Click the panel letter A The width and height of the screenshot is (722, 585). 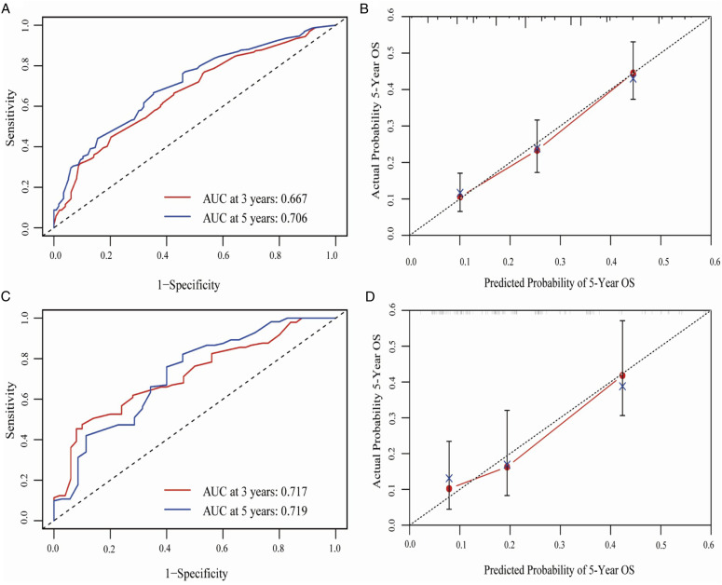pyautogui.click(x=7, y=8)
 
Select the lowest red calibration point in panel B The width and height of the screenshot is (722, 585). pyautogui.click(x=460, y=197)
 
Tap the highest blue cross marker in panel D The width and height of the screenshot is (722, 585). pyautogui.click(x=622, y=386)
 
